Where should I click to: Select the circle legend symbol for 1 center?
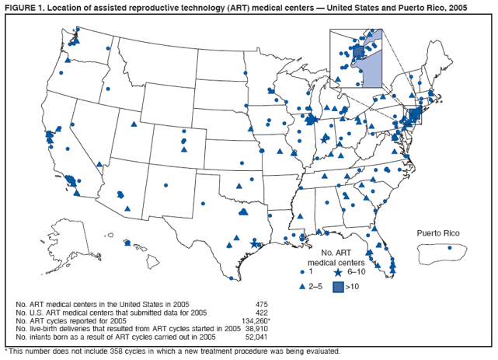[x=302, y=273]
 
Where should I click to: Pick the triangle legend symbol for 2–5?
[x=302, y=286]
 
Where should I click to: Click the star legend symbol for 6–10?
[x=338, y=273]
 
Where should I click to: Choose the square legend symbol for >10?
[x=338, y=286]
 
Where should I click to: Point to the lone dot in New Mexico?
[x=165, y=185]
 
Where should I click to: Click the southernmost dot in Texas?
[x=242, y=269]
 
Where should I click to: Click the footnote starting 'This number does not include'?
[x=174, y=351]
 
